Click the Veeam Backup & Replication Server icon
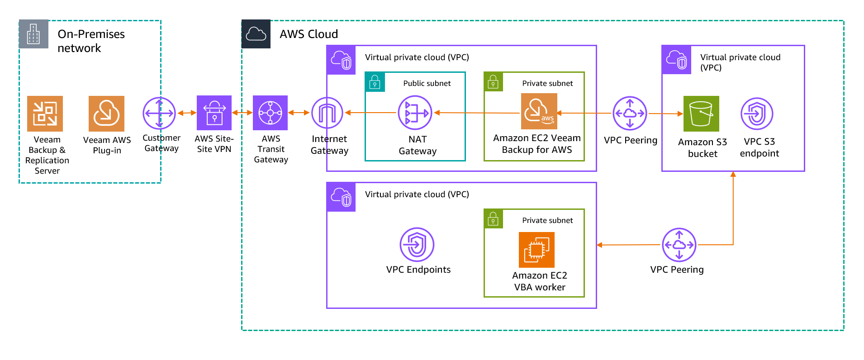45,114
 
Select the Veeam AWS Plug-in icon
106,114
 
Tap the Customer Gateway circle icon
159,113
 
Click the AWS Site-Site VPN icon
214,113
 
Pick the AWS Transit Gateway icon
270,113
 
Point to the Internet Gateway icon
327,113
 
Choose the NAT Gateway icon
415,113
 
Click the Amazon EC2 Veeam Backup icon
539,111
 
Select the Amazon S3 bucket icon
701,114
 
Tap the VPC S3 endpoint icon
757,114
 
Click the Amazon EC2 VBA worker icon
536,250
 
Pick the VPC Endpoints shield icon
417,244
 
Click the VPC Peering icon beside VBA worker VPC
679,245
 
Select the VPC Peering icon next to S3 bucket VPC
630,113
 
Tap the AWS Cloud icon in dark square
256,34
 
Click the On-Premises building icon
33,34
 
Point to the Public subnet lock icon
375,82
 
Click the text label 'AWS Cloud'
309,34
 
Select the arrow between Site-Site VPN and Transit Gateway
242,113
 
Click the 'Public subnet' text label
427,83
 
